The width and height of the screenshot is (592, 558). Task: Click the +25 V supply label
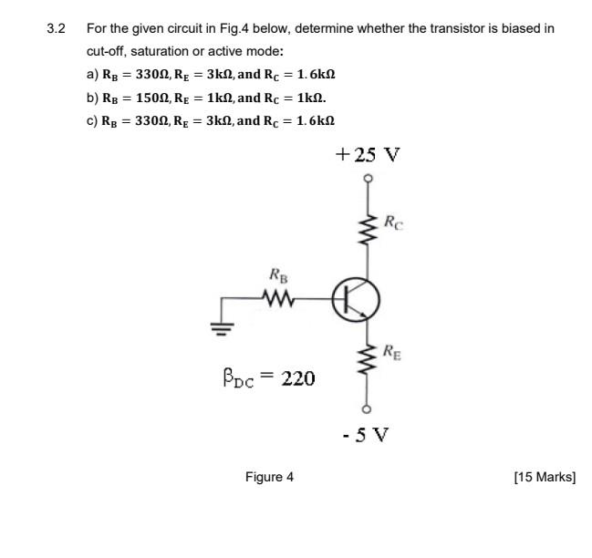coord(367,154)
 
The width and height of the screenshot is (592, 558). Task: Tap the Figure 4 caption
coord(269,477)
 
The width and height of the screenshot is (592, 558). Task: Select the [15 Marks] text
coord(545,477)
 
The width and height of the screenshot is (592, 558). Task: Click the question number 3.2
coord(57,28)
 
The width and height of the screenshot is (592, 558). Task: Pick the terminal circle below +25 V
coord(369,178)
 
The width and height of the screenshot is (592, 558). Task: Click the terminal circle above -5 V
coord(369,408)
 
